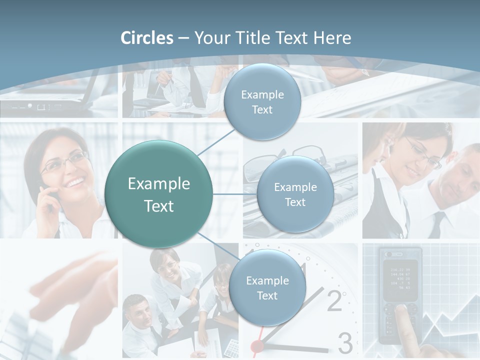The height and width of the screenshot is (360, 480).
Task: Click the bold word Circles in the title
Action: [x=147, y=38]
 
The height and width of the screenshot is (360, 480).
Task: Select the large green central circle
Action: [x=158, y=194]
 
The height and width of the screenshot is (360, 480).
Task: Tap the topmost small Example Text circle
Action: [x=262, y=102]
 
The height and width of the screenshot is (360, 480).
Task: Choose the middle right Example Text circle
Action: [x=295, y=194]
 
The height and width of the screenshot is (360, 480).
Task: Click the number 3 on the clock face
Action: [x=345, y=342]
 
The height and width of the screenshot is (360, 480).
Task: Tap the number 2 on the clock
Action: [x=334, y=300]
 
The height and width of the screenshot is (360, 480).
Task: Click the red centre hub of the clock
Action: [x=257, y=345]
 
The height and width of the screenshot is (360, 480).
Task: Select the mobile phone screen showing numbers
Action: [x=400, y=276]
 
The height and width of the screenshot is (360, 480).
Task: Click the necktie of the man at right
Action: [x=437, y=224]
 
